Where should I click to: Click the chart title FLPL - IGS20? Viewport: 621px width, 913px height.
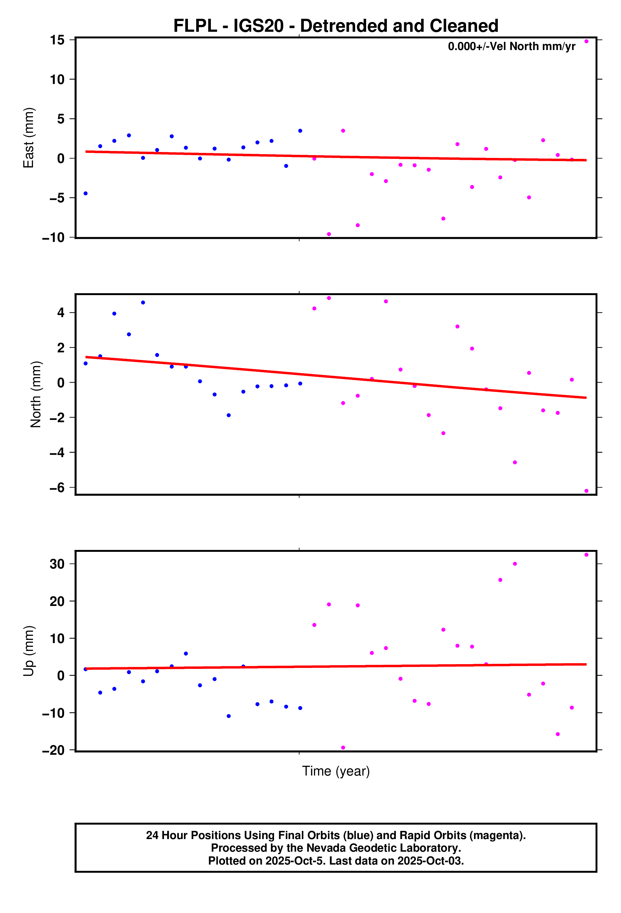pyautogui.click(x=336, y=26)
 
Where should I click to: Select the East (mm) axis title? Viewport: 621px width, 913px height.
pyautogui.click(x=29, y=137)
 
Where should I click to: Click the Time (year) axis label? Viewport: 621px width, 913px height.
pyautogui.click(x=336, y=771)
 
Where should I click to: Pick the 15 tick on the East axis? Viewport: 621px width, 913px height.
pyautogui.click(x=57, y=40)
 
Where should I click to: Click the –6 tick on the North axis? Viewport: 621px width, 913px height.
pyautogui.click(x=57, y=488)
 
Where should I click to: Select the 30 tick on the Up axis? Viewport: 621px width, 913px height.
pyautogui.click(x=57, y=564)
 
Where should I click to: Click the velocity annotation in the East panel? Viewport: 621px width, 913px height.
pyautogui.click(x=512, y=46)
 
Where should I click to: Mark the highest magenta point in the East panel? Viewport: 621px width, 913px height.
pyautogui.click(x=586, y=41)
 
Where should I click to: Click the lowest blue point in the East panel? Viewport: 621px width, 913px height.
pyautogui.click(x=85, y=193)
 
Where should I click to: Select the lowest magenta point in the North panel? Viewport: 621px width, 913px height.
pyautogui.click(x=586, y=491)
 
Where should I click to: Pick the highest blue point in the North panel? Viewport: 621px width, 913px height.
pyautogui.click(x=143, y=303)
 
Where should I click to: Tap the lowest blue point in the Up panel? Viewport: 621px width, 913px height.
pyautogui.click(x=229, y=716)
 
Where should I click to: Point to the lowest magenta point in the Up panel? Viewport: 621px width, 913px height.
pyautogui.click(x=343, y=748)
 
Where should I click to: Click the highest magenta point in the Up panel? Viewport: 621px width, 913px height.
pyautogui.click(x=586, y=555)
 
